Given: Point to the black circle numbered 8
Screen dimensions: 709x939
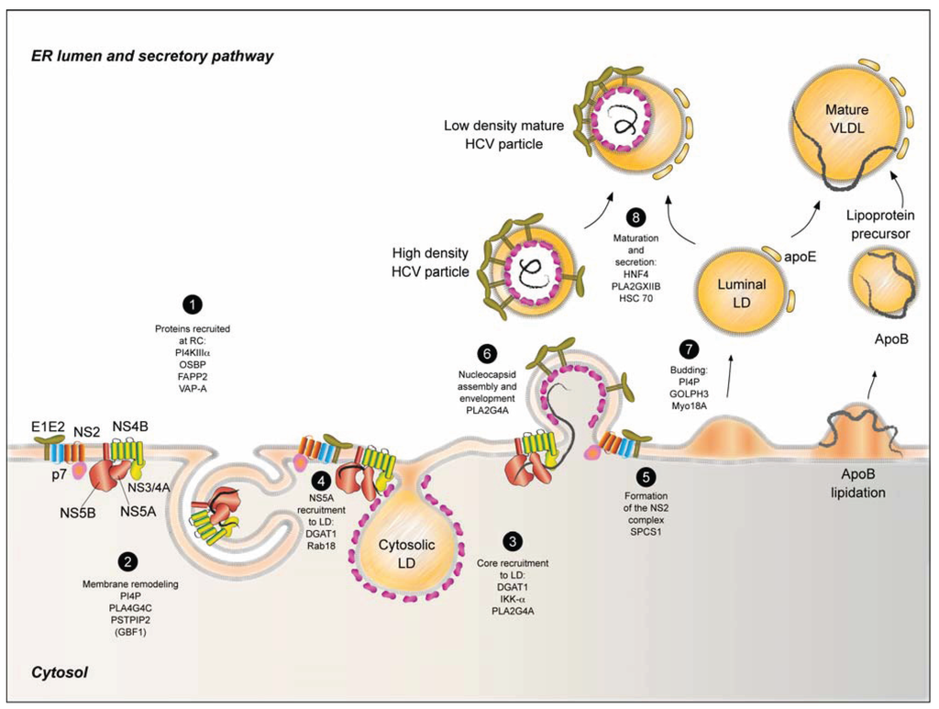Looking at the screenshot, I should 635,218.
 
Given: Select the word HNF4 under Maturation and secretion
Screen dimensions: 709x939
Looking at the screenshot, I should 635,272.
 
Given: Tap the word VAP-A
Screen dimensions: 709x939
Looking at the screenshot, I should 194,388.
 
